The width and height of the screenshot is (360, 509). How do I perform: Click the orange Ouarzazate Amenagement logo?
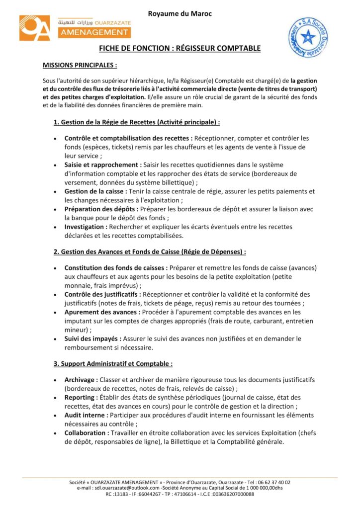[75, 27]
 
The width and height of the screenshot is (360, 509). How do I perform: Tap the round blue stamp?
[308, 37]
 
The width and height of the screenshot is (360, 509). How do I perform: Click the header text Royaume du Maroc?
[180, 13]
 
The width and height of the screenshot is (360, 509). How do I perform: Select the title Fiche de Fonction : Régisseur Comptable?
[180, 48]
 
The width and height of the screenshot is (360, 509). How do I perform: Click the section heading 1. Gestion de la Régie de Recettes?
[137, 122]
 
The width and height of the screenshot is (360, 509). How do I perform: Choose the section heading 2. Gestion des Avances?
[150, 252]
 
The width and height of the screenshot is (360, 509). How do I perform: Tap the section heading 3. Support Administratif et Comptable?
[113, 364]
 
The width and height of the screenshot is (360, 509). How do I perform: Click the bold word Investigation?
[87, 227]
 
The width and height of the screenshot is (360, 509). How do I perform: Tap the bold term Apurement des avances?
[102, 312]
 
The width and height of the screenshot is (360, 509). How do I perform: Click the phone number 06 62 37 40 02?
[273, 482]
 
